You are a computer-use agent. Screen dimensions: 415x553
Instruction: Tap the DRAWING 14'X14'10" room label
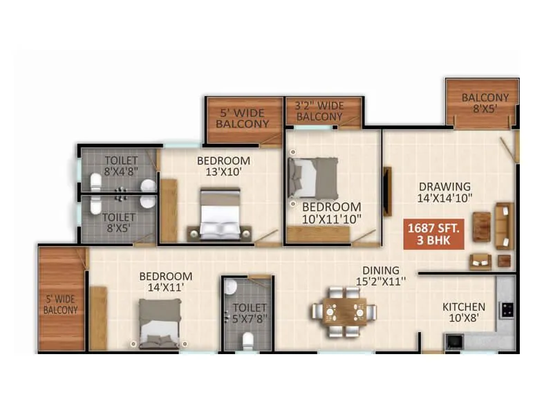pos(444,192)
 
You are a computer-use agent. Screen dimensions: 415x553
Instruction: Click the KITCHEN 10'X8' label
pos(464,312)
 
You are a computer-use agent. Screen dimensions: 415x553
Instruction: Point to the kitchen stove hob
pos(507,309)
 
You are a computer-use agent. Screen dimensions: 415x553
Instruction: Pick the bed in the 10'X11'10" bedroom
pos(313,177)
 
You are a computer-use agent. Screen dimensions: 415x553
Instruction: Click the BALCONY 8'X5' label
pos(485,103)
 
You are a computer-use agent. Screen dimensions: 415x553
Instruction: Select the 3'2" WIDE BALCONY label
pos(319,111)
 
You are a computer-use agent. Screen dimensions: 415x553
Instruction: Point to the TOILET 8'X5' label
pos(120,222)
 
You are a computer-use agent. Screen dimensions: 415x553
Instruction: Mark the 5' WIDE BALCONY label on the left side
pos(61,305)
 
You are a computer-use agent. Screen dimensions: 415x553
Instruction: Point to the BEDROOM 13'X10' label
pos(223,167)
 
